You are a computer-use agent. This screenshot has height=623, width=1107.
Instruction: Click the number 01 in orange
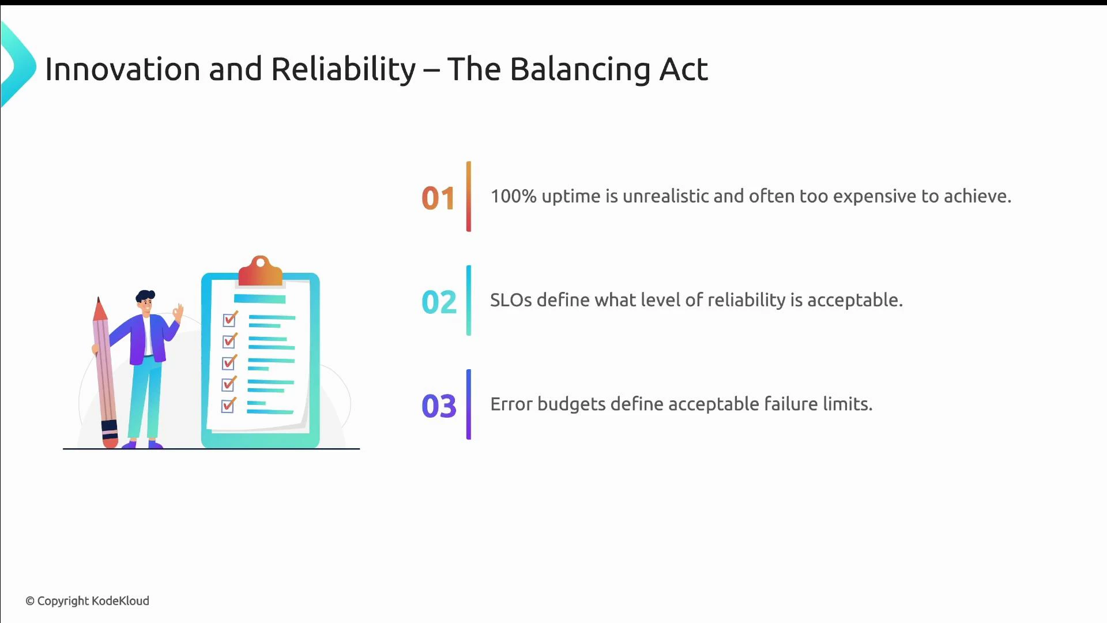(x=438, y=198)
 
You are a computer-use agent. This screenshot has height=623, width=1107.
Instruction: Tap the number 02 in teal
(x=438, y=302)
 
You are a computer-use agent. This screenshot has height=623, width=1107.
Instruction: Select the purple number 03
(x=438, y=406)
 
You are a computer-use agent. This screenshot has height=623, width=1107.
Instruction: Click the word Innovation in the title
(x=122, y=69)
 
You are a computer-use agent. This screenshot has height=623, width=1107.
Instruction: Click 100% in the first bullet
(x=513, y=196)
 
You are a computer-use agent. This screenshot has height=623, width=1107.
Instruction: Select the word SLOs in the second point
(x=511, y=300)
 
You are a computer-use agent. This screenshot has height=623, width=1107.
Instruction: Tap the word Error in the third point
(x=511, y=404)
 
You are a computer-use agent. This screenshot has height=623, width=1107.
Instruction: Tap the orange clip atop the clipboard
(x=260, y=272)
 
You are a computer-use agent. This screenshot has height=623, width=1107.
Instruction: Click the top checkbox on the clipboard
(x=229, y=319)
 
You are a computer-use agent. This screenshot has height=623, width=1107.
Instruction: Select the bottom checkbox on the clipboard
(x=228, y=406)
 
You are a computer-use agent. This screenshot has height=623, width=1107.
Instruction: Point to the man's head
(x=146, y=301)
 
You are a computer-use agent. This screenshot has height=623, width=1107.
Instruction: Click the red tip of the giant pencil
(x=100, y=310)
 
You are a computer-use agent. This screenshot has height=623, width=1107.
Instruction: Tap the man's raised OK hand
(x=178, y=313)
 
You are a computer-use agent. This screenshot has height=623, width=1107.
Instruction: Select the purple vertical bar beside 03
(x=469, y=404)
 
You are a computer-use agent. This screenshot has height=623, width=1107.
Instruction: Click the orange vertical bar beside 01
(x=469, y=197)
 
